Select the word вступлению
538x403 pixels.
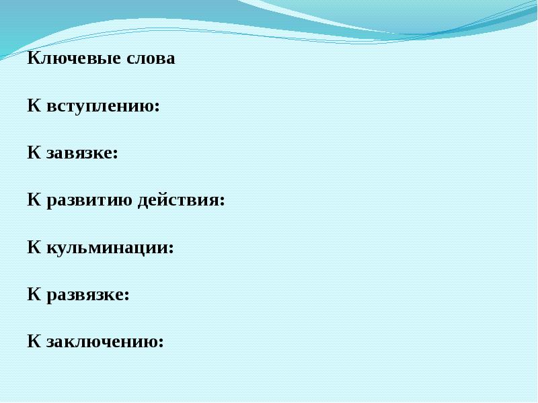click(101, 106)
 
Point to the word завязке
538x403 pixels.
click(80, 153)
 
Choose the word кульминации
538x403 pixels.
click(108, 248)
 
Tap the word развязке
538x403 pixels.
click(85, 295)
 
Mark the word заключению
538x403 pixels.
click(103, 342)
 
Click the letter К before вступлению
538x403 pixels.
click(34, 105)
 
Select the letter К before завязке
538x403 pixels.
click(34, 152)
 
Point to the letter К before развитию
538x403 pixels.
click(34, 200)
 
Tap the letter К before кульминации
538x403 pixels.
click(34, 247)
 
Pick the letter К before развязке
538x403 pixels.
click(34, 294)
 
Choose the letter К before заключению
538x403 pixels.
click(34, 341)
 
